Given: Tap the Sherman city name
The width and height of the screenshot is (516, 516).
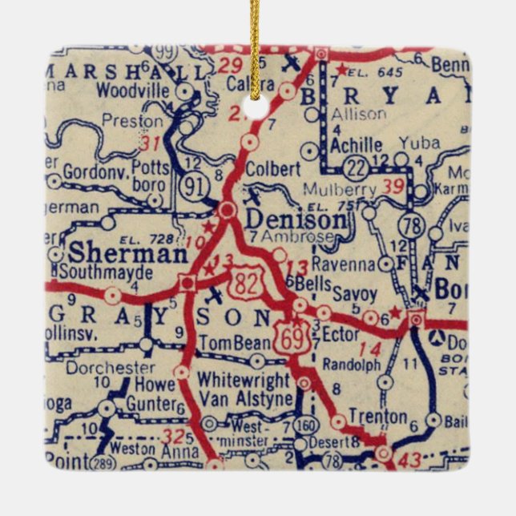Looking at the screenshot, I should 128,253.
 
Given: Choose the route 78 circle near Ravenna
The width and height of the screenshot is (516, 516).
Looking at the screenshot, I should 413,227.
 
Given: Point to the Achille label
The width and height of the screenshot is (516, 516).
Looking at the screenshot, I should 358,145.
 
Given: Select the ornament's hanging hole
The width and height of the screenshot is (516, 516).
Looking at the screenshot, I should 256,107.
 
